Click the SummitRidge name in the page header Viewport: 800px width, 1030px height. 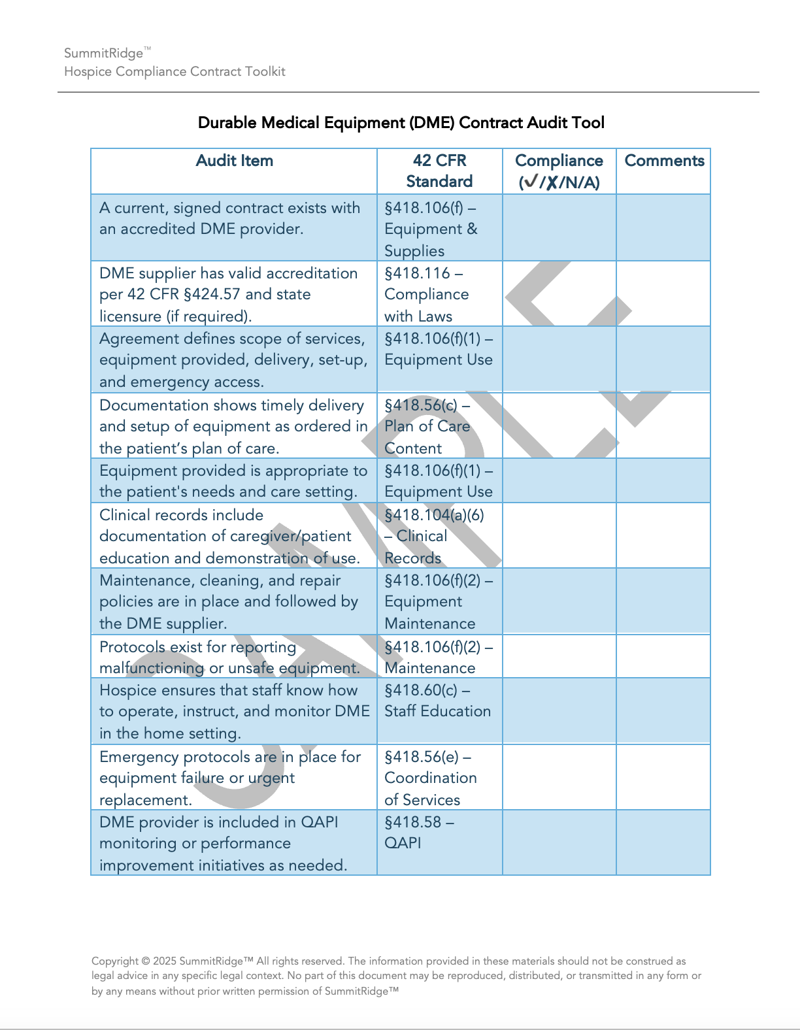103,54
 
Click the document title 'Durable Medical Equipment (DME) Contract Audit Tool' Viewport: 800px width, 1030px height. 401,123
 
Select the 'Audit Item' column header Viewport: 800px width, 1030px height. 234,161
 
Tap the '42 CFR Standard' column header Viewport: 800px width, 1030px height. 439,171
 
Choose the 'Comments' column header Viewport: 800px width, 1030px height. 664,161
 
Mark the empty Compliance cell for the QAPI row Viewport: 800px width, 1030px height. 559,842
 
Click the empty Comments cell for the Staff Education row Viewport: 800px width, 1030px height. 663,711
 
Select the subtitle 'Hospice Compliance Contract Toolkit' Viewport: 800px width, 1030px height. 175,71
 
